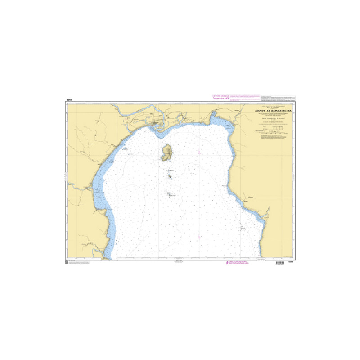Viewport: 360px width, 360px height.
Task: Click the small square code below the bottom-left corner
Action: pos(67,262)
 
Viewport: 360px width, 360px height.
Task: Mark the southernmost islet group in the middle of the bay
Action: pos(170,194)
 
